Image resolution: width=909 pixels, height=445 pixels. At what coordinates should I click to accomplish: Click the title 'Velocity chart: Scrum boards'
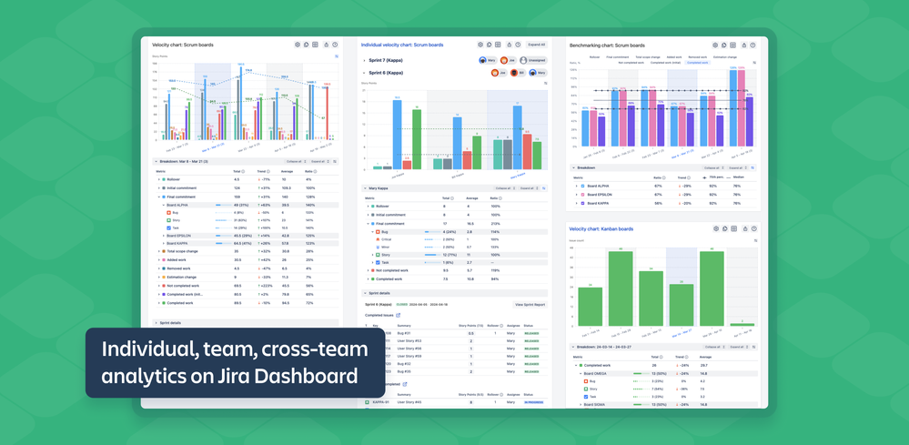pos(180,44)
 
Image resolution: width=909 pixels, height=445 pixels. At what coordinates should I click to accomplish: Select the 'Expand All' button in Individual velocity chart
pos(537,44)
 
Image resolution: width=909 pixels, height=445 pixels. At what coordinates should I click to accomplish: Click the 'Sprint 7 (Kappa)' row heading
pos(387,60)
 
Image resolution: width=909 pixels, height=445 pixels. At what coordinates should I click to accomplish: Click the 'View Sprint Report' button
pos(530,304)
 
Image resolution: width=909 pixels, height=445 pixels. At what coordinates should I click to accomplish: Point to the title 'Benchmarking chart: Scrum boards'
pos(606,45)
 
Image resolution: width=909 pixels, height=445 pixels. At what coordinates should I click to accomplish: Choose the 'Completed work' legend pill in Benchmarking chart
pos(698,63)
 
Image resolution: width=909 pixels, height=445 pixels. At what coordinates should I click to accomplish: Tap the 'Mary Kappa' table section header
pos(377,188)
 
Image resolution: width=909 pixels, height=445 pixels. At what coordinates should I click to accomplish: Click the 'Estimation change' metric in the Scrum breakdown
pos(181,277)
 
